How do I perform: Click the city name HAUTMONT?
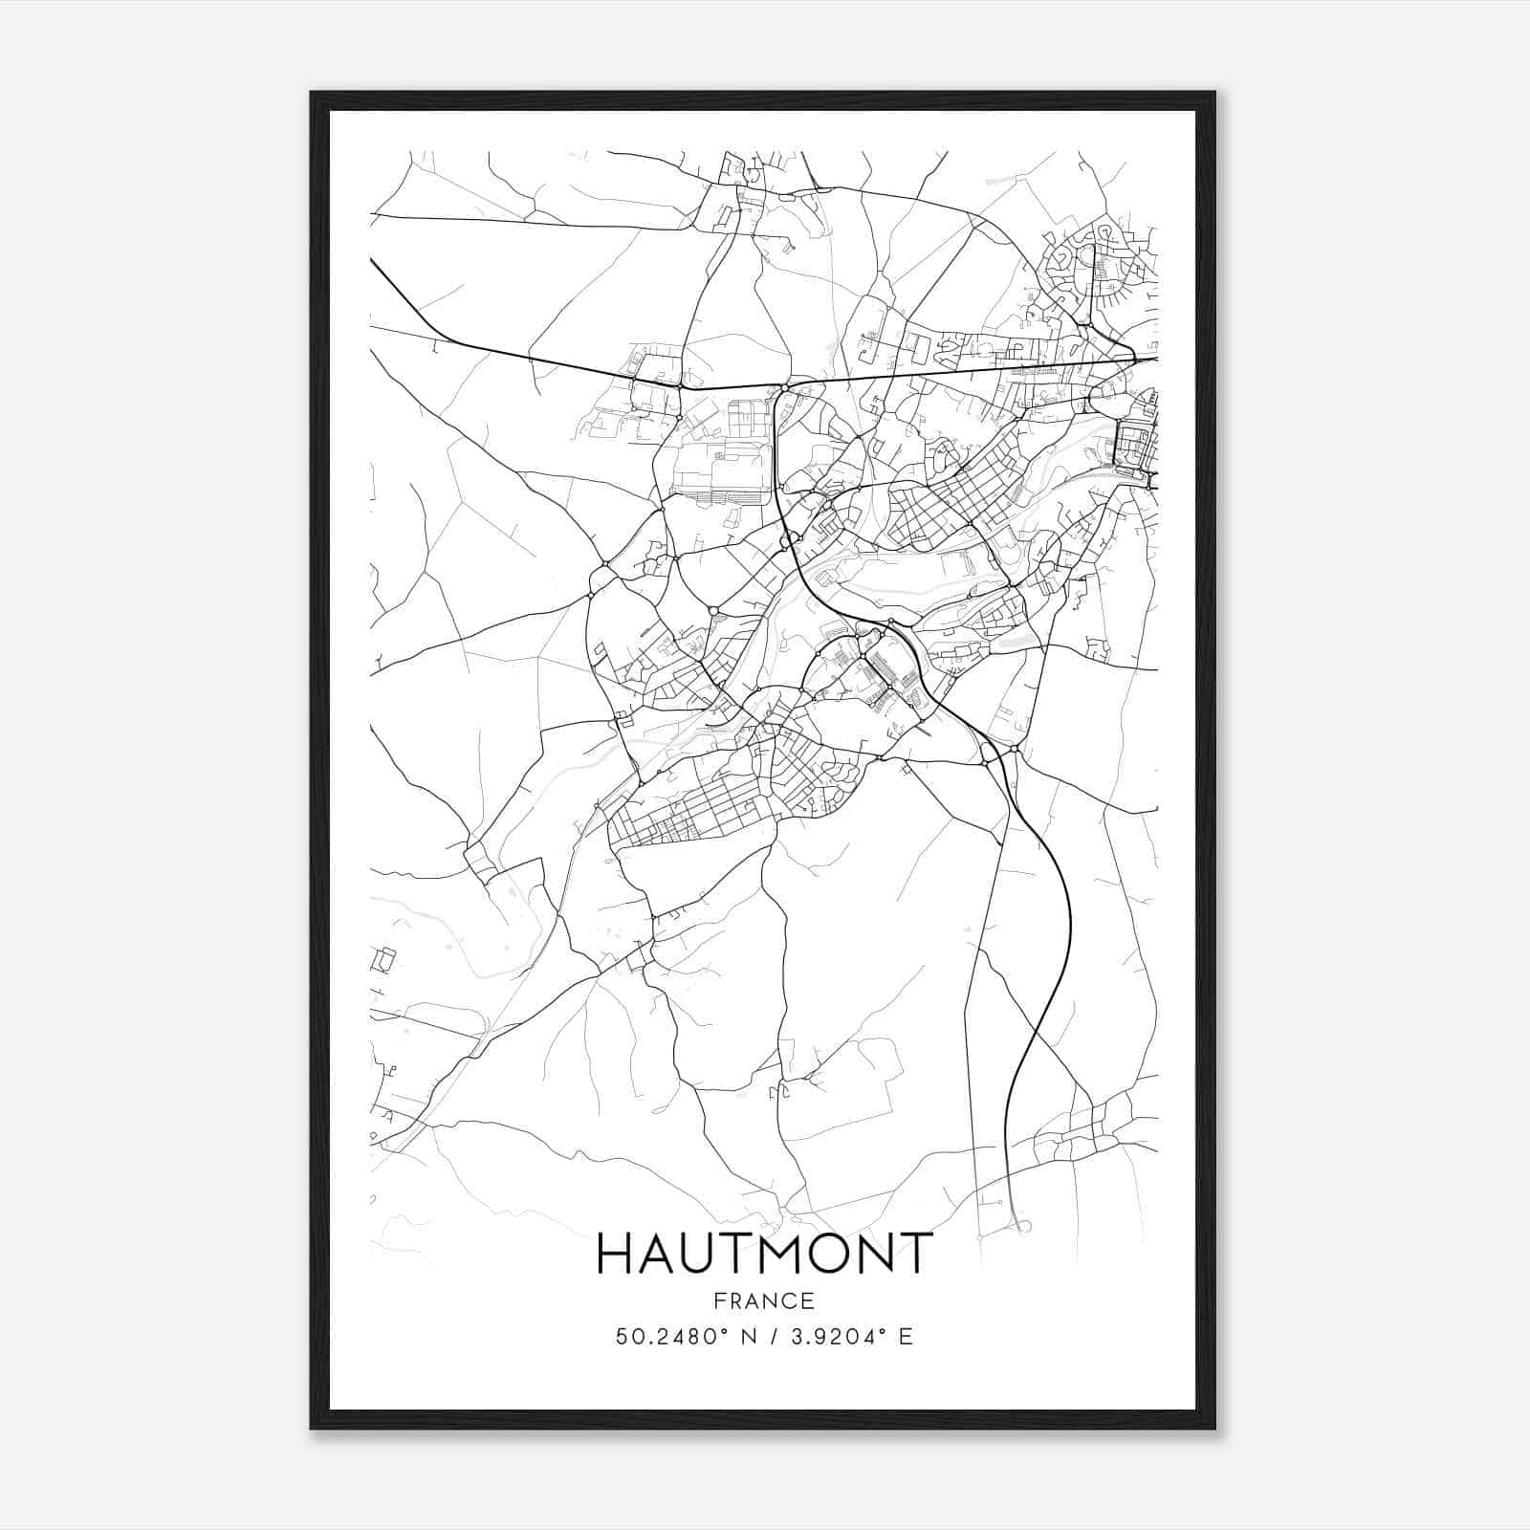click(x=764, y=1254)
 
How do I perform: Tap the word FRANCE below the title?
click(x=764, y=1300)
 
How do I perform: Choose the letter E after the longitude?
click(x=906, y=1337)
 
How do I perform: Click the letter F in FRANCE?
click(x=718, y=1300)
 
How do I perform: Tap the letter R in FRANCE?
click(x=735, y=1300)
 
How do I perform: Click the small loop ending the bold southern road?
click(x=1023, y=1226)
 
